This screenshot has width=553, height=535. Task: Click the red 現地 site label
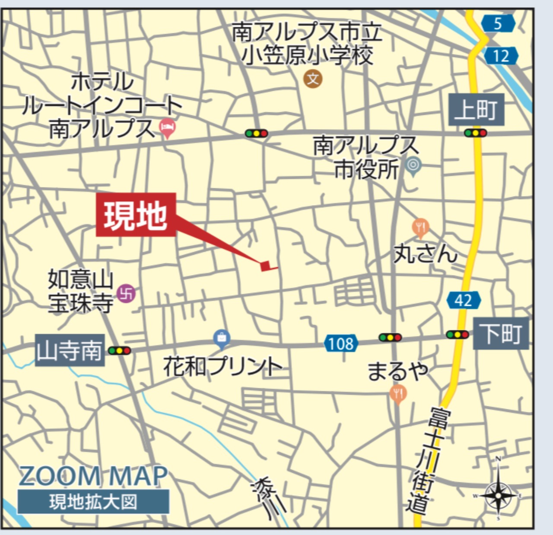pyautogui.click(x=136, y=215)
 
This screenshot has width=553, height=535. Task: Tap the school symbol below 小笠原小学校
pyautogui.click(x=313, y=79)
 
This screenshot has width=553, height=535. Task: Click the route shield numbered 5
pyautogui.click(x=498, y=23)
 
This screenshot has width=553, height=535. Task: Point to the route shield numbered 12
pyautogui.click(x=501, y=56)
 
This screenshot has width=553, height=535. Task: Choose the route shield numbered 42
pyautogui.click(x=464, y=300)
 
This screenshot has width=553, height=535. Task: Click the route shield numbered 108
pyautogui.click(x=341, y=344)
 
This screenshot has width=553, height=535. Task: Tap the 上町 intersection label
pyautogui.click(x=476, y=109)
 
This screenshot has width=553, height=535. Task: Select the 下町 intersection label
pyautogui.click(x=501, y=333)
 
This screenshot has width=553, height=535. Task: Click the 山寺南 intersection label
pyautogui.click(x=70, y=350)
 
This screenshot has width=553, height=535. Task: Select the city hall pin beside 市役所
pyautogui.click(x=413, y=165)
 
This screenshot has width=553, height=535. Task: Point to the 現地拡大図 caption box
pyautogui.click(x=93, y=502)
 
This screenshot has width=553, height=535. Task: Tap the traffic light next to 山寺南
pyautogui.click(x=119, y=351)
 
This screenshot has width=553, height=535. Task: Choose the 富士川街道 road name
pyautogui.click(x=428, y=460)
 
